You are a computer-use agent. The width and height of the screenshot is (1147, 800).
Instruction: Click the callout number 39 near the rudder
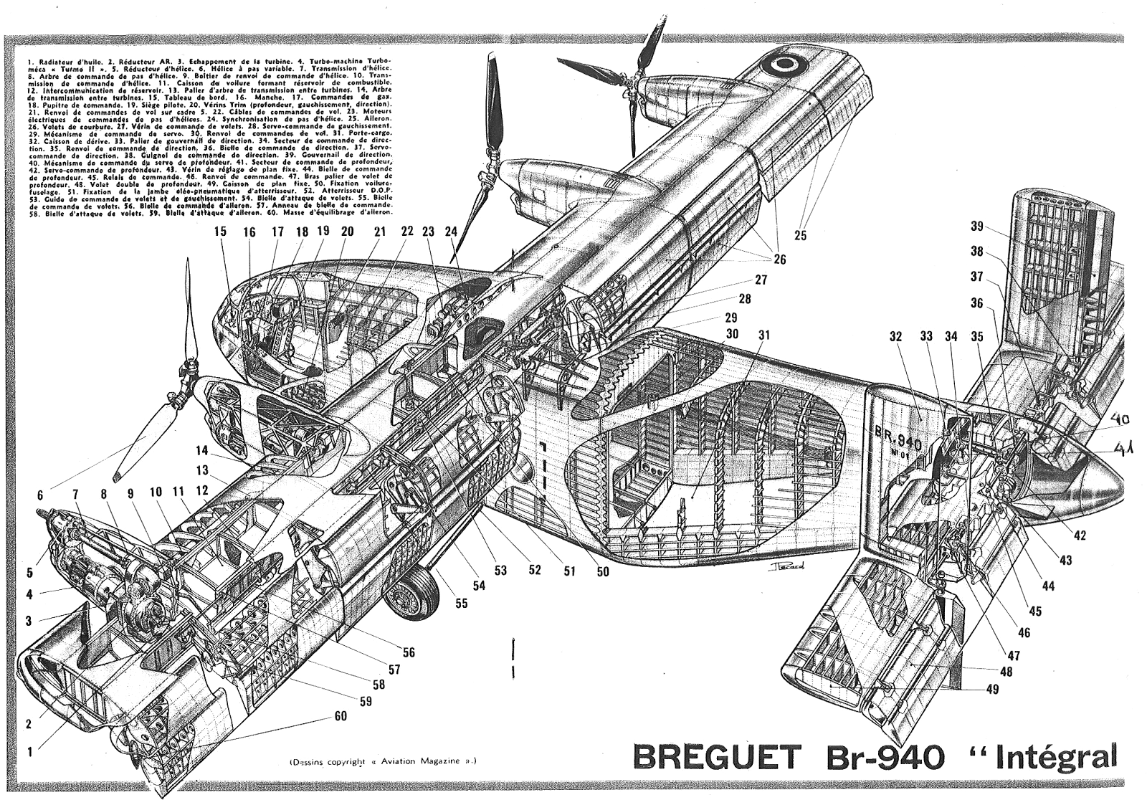point(976,227)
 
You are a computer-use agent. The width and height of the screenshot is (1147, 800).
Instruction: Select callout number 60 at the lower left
point(340,716)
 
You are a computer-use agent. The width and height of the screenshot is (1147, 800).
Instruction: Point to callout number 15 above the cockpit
point(219,232)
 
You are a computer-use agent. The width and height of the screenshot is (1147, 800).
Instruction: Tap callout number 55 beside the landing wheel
point(460,603)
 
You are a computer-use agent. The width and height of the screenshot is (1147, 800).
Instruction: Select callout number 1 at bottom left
point(29,752)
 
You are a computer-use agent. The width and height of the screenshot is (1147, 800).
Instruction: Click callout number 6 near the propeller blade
point(41,495)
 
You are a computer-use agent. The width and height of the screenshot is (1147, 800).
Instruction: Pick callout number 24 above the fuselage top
point(451,232)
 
